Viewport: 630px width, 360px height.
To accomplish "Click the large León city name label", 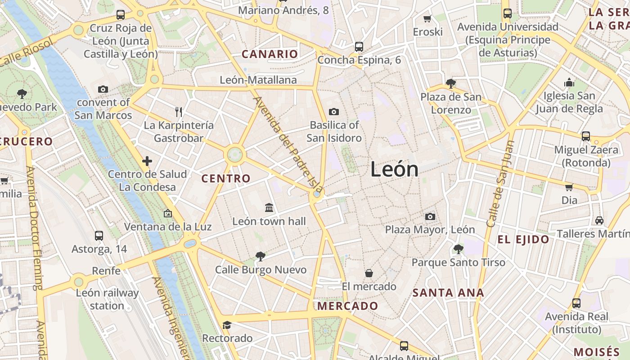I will pos(395,169).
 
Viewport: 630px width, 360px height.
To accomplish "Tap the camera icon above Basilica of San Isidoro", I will pos(334,112).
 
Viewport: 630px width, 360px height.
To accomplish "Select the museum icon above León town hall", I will pos(269,207).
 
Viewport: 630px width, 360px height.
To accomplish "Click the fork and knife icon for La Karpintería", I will pos(179,112).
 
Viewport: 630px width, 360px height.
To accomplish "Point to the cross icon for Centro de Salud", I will pos(147,161).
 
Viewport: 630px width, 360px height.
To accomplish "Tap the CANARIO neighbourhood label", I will pos(270,54).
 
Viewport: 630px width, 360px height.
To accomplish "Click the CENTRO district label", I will pos(226,179).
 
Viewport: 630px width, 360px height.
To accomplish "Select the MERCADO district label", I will pos(348,306).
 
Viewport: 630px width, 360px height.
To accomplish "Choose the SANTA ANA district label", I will pos(448,293).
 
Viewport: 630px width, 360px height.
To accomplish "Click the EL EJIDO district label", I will pos(523,239).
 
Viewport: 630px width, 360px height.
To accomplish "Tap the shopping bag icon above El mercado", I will pos(369,273).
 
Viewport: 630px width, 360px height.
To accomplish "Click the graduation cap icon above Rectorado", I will pos(227,325).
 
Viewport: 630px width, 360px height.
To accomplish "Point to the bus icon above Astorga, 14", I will pos(99,235).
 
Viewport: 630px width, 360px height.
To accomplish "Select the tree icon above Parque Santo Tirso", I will pos(458,249).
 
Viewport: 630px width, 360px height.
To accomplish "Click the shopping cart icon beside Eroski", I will pos(427,18).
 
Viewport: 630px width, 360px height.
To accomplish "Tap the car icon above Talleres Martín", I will pos(599,220).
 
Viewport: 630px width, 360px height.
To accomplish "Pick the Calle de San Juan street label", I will pos(500,184).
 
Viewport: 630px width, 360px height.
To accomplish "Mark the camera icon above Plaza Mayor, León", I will pos(430,216).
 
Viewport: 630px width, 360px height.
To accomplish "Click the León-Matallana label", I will pos(258,80).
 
